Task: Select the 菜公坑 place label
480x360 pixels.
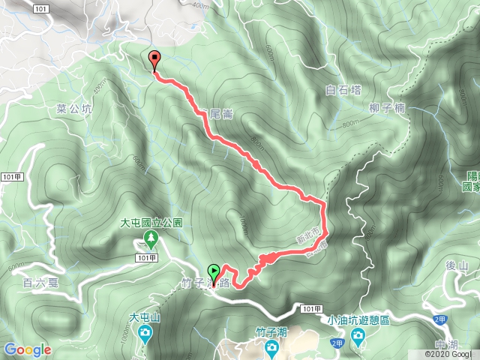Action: click(74, 109)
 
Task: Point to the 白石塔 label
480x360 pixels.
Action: click(343, 90)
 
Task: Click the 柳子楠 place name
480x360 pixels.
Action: click(387, 109)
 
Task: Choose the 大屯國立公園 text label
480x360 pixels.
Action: click(151, 223)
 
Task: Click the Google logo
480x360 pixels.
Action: click(27, 349)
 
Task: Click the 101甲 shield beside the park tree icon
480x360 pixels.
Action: click(145, 257)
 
